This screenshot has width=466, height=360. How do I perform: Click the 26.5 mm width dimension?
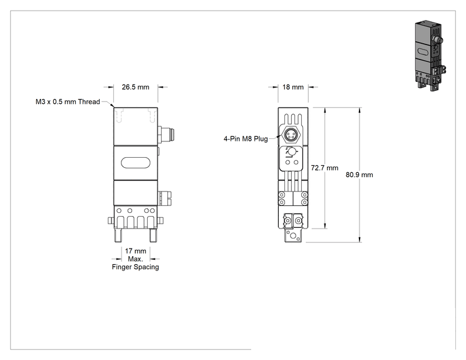click(x=135, y=87)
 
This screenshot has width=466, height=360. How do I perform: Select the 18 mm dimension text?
click(x=293, y=87)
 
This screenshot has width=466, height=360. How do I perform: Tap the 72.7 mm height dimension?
click(x=324, y=168)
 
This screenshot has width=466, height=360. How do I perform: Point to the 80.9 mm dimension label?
click(x=360, y=175)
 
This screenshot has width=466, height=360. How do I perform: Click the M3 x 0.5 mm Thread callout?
click(x=68, y=101)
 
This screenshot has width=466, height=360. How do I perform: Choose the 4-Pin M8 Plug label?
click(x=246, y=139)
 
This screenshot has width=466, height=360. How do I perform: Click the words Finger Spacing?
click(x=135, y=267)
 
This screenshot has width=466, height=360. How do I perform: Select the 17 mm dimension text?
click(x=135, y=251)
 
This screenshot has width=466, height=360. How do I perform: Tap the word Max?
click(x=135, y=259)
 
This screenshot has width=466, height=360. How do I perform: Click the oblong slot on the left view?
click(x=135, y=163)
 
